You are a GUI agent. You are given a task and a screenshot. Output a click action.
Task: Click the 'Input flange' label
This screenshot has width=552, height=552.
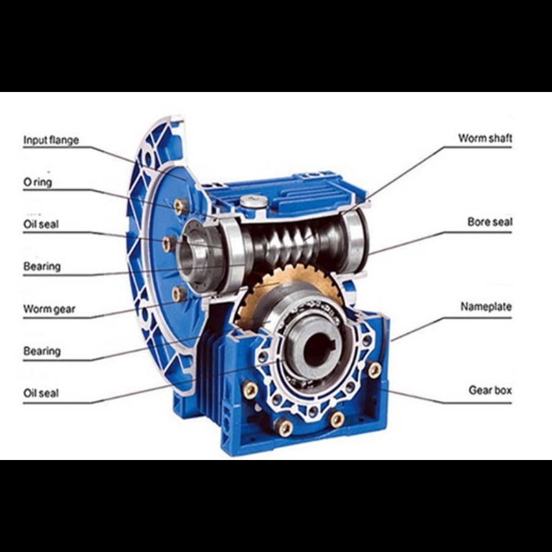[x=51, y=140]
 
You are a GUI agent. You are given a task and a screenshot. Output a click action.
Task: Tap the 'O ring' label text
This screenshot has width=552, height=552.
[x=37, y=182]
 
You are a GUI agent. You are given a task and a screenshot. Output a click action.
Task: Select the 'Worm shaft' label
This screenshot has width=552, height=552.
[x=485, y=138]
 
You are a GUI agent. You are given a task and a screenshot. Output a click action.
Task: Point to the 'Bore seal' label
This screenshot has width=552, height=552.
[x=489, y=222]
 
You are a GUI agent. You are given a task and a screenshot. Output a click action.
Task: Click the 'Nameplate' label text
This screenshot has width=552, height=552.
[x=486, y=307]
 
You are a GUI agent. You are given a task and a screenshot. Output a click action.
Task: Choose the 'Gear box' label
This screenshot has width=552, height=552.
[x=490, y=390]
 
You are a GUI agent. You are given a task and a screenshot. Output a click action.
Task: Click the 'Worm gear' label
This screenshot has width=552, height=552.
[x=49, y=309]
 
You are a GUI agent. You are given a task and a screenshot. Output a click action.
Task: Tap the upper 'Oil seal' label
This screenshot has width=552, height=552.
[x=41, y=224]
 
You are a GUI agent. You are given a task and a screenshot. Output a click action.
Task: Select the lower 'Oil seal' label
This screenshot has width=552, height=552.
[x=41, y=393]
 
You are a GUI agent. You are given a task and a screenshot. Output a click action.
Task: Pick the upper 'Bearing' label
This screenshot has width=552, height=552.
[x=42, y=266]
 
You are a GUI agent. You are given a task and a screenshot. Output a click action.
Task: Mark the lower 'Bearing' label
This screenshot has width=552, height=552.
[x=42, y=351]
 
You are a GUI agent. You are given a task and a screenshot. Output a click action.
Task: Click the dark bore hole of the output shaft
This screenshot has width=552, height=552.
[x=316, y=349]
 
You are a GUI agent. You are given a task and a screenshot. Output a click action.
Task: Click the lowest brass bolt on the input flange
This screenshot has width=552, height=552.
[x=179, y=293]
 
